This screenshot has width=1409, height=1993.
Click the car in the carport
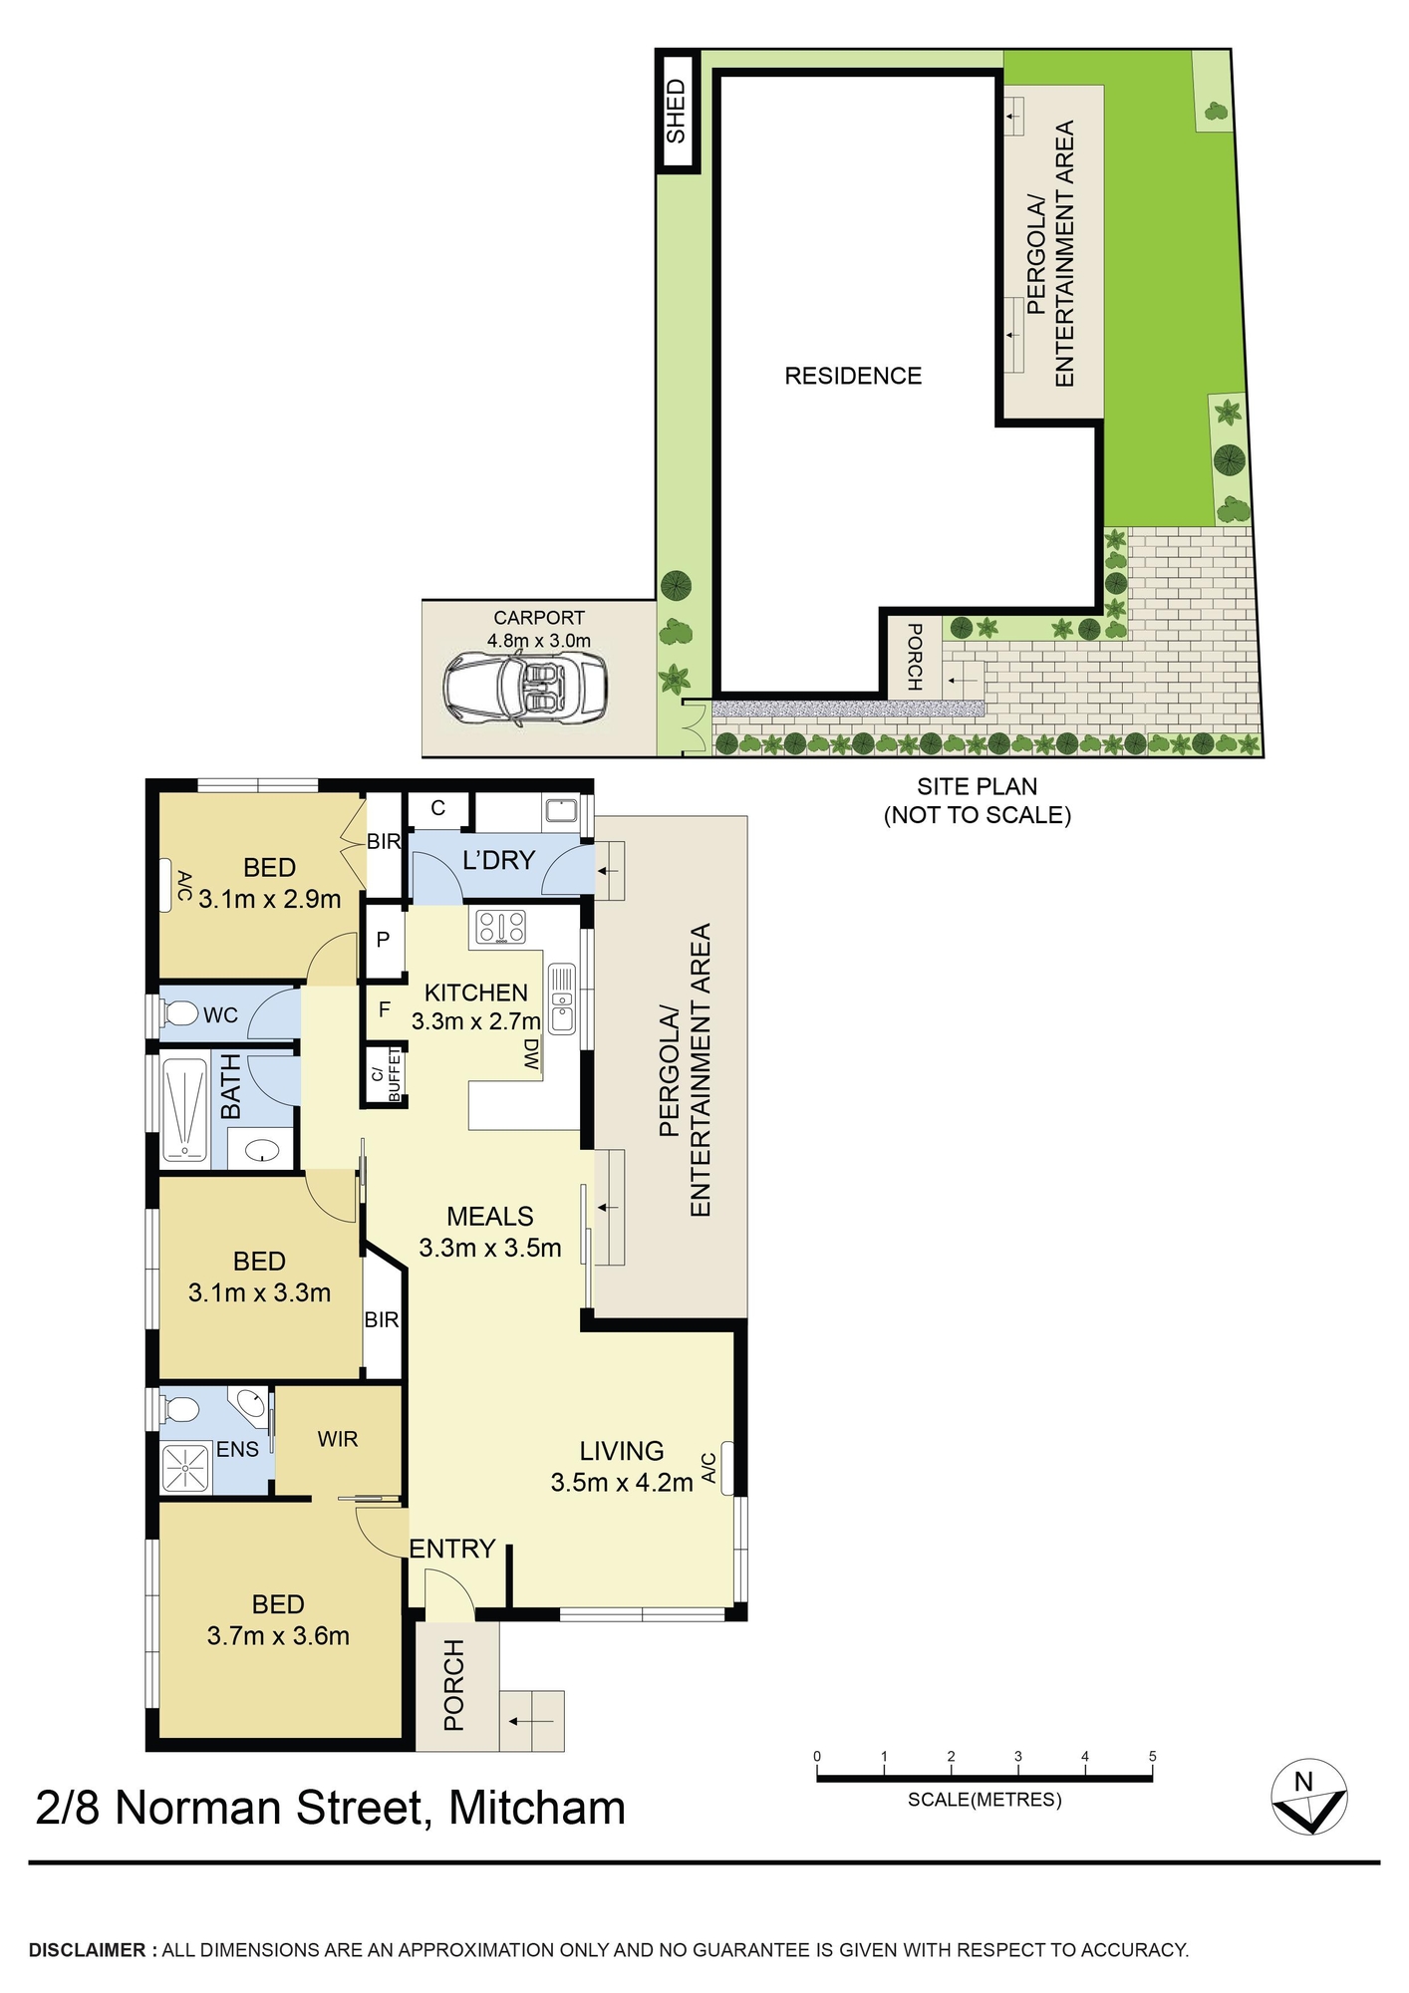tap(524, 689)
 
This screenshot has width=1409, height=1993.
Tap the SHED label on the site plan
tap(676, 112)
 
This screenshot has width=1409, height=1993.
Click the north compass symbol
tap(1308, 1797)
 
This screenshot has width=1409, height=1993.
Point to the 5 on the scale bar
tap(1152, 1756)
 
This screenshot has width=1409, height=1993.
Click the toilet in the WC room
tap(179, 1014)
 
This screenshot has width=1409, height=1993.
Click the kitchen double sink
tap(563, 998)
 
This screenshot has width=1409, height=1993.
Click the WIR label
tap(338, 1439)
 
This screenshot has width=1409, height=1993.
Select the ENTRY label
tap(452, 1548)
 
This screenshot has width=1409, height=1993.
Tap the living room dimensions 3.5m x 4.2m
tap(622, 1483)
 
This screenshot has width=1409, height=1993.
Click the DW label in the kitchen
tap(531, 1055)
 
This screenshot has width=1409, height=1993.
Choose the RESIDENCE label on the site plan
tap(853, 376)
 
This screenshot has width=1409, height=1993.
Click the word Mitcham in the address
tap(537, 1809)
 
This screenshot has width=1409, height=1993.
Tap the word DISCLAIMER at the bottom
tap(88, 1950)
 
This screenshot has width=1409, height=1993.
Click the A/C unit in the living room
tap(727, 1468)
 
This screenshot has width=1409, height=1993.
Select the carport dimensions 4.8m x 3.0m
tap(539, 641)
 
